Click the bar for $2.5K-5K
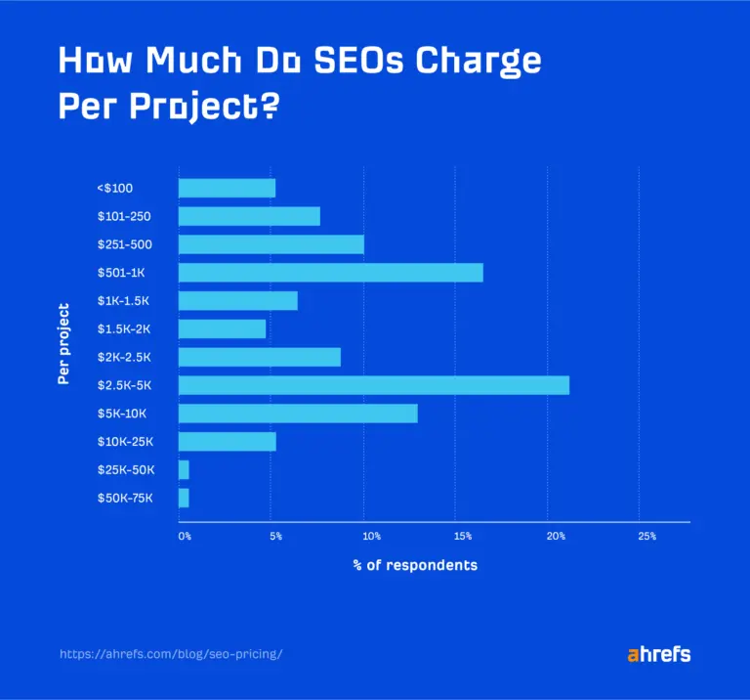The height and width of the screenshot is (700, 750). click(373, 385)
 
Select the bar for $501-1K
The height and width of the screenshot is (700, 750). click(330, 273)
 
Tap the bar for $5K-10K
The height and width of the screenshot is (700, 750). click(298, 414)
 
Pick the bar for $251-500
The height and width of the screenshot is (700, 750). click(271, 244)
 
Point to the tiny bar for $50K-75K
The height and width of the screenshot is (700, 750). click(184, 499)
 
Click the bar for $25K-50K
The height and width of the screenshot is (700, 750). click(184, 470)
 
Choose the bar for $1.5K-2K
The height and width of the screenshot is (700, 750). click(222, 328)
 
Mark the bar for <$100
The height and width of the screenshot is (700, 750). click(227, 189)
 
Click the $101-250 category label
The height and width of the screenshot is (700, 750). click(124, 217)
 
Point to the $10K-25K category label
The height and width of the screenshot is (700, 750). click(125, 442)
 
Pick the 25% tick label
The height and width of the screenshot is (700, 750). click(646, 537)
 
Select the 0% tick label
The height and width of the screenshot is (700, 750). click(185, 537)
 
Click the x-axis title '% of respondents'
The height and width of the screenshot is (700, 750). click(415, 566)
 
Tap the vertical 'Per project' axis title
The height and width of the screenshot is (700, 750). click(63, 343)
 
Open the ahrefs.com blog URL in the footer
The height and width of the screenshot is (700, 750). click(171, 654)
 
